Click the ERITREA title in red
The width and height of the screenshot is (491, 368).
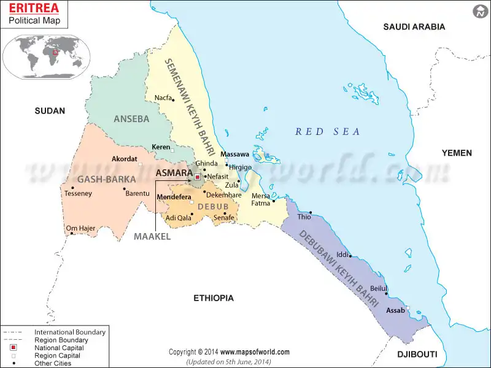tap(33, 9)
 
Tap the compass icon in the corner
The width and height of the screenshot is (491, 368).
tap(480, 11)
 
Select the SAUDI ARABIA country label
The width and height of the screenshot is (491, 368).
tap(414, 26)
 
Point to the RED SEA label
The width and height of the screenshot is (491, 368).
tap(328, 131)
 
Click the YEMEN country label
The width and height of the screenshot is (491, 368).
tap(457, 153)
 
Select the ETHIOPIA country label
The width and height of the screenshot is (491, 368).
tap(214, 298)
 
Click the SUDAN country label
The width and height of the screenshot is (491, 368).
tap(50, 110)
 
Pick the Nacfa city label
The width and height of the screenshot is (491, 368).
tap(163, 98)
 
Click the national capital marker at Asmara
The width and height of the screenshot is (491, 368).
tap(198, 176)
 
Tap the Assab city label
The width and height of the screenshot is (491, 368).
tap(395, 310)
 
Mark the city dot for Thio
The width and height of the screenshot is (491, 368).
tap(311, 212)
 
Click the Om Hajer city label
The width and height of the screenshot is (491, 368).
tap(80, 228)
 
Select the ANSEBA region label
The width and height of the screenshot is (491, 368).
tap(131, 119)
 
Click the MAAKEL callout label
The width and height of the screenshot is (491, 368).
tap(152, 236)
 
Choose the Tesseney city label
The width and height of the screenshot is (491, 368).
tap(78, 194)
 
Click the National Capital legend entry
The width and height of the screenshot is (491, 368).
tap(55, 348)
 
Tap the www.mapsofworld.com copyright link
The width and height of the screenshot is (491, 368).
tap(255, 352)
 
